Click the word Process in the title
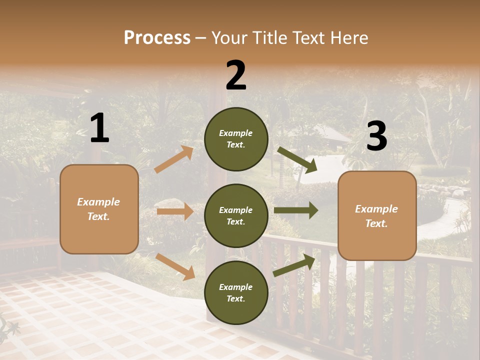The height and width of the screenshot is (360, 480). coord(157,38)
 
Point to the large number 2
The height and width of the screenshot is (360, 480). coord(236,75)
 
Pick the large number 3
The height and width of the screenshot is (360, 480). coord(376,136)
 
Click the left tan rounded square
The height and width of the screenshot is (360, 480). coord(99,209)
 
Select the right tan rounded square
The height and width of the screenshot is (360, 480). coord(377,215)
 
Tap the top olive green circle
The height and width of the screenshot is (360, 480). coord(236,139)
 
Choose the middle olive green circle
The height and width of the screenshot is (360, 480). coord(236,215)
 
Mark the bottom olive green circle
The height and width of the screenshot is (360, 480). coord(236,292)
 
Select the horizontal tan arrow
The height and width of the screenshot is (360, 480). coord(175,211)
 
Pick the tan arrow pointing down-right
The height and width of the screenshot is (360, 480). coord(175,266)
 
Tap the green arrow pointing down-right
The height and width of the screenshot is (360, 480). coord(297,159)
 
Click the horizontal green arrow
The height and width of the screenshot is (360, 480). coord(296,210)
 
